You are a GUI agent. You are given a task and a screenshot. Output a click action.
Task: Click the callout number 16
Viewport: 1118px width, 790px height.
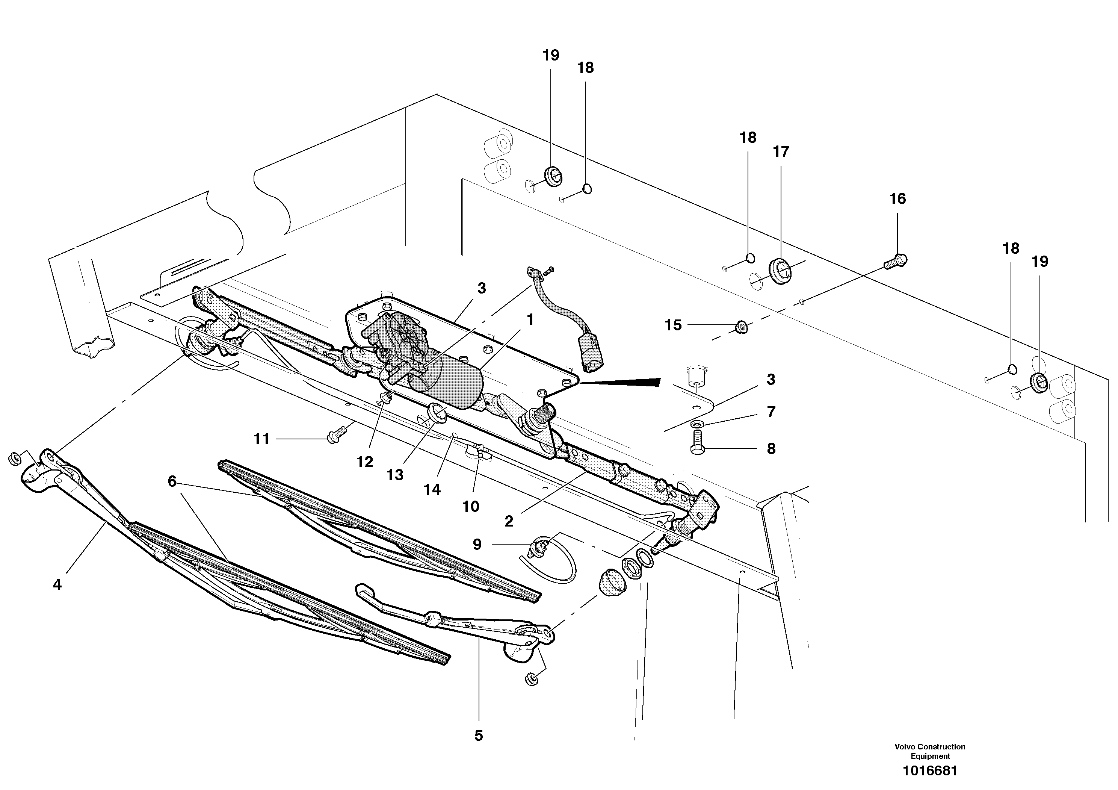click(897, 199)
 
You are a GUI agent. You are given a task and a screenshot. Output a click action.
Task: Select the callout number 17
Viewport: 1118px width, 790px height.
click(781, 152)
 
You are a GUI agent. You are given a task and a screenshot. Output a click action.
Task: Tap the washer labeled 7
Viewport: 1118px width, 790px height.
click(697, 423)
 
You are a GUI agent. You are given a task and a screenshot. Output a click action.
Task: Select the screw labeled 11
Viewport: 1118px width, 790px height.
click(337, 433)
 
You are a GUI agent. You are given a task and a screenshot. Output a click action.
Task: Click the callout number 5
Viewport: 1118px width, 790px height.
click(478, 736)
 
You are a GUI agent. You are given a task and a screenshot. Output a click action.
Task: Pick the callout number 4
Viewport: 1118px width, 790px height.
click(57, 585)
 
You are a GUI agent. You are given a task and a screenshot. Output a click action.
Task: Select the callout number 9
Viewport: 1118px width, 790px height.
click(477, 544)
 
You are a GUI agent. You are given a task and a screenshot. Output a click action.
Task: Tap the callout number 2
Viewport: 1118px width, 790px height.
click(509, 522)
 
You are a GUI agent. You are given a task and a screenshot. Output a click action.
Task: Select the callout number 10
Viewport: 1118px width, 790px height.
click(470, 507)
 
